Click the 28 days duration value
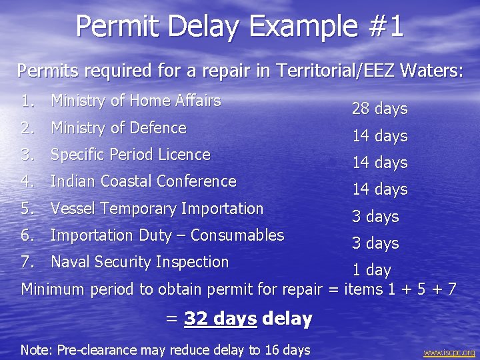(x=379, y=109)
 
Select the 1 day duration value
(x=371, y=270)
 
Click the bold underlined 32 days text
(x=220, y=319)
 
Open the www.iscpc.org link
(x=449, y=353)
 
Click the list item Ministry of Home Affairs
(x=135, y=101)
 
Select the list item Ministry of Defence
(x=118, y=127)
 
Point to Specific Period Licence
(x=130, y=155)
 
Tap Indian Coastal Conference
(x=143, y=181)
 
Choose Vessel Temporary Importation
(x=157, y=208)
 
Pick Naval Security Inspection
(x=139, y=262)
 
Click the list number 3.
(x=27, y=155)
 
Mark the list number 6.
(x=27, y=235)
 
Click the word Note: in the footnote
(x=36, y=350)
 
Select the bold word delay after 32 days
(x=287, y=319)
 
